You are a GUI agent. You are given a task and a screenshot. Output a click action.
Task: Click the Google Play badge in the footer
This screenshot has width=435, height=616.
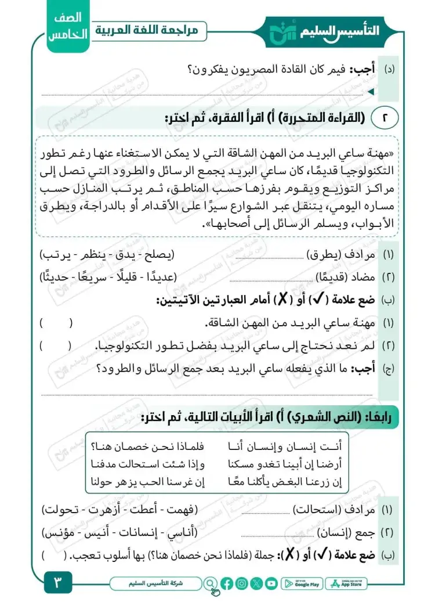coord(303,583)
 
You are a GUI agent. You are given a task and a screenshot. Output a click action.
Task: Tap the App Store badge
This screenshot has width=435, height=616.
coord(346,583)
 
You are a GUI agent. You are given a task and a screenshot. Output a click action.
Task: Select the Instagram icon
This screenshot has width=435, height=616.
coord(242,583)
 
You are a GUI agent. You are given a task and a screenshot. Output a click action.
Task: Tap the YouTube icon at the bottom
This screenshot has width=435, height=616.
coord(271,583)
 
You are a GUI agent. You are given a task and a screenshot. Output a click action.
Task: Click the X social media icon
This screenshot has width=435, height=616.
coord(256,583)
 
